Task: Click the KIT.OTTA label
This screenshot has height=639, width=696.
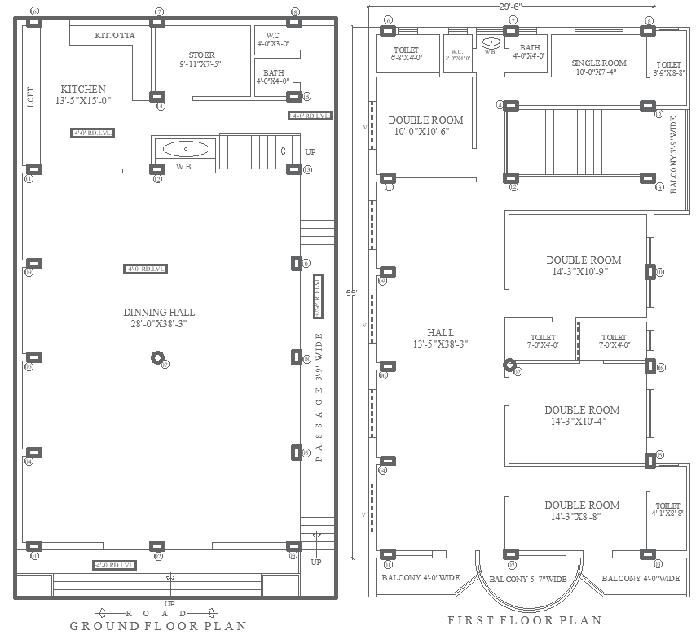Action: (115, 36)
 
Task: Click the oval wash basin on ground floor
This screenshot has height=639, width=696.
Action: (186, 149)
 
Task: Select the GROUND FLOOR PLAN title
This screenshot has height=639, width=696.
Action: (157, 626)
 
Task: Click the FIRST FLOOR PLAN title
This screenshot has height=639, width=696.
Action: (525, 620)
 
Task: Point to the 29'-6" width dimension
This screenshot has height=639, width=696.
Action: (510, 6)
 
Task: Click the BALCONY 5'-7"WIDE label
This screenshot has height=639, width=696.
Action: (527, 579)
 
